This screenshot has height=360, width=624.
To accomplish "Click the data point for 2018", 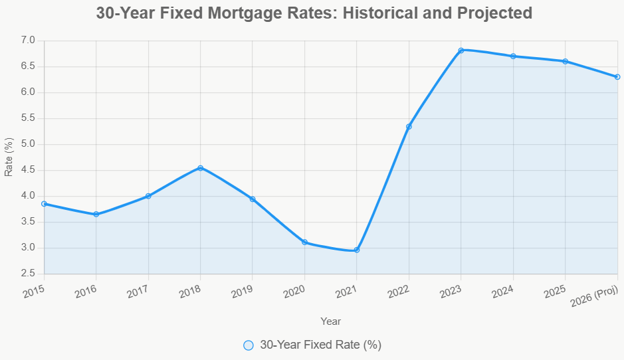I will [200, 167].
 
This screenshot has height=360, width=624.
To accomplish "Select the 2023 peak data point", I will [461, 50].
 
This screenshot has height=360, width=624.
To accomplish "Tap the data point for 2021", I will [357, 250].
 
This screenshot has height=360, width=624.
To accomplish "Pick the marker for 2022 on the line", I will [409, 126].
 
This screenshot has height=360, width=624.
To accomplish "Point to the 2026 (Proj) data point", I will [617, 76].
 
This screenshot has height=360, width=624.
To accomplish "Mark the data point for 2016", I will [96, 214].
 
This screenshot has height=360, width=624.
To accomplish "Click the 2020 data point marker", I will [304, 242].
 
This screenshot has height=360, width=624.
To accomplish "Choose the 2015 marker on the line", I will [44, 204].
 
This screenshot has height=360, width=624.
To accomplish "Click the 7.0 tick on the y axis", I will [27, 41].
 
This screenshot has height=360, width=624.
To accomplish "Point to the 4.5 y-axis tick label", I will [27, 170].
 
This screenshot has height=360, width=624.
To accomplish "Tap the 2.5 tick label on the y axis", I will [27, 274].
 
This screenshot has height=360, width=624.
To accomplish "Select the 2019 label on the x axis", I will [242, 290].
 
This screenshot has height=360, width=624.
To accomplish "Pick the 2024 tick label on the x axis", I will [502, 290].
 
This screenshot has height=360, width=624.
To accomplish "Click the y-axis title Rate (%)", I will [9, 157].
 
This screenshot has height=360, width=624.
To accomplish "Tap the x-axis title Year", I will [330, 321].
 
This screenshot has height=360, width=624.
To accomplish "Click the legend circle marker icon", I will [249, 345].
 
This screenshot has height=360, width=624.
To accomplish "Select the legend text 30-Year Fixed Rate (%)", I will [320, 345].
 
